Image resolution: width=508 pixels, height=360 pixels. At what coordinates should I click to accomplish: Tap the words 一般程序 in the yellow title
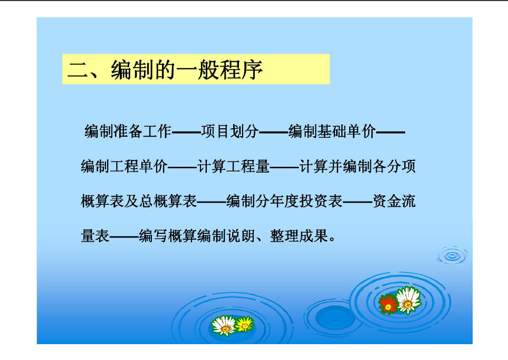[x=219, y=70]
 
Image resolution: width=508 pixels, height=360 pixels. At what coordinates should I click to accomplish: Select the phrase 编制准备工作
[x=128, y=131]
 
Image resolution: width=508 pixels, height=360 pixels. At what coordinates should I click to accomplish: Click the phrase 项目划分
[x=229, y=131]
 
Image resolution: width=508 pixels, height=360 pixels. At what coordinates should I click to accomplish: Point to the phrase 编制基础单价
[x=332, y=131]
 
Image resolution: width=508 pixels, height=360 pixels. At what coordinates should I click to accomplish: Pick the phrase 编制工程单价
[x=124, y=166]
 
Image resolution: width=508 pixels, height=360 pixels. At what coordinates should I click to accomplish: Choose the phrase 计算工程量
[x=233, y=166]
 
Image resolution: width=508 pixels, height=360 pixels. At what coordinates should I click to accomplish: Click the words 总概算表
[x=168, y=201]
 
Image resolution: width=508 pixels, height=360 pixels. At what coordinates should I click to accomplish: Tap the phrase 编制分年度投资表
[x=284, y=201]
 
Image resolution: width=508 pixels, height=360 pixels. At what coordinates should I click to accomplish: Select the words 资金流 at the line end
[x=394, y=201]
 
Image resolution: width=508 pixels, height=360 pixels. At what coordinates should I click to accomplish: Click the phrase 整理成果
[x=299, y=235]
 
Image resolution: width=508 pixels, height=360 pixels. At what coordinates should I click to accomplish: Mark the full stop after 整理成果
[x=332, y=239]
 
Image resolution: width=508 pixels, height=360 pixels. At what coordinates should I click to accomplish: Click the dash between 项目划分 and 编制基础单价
[x=273, y=132]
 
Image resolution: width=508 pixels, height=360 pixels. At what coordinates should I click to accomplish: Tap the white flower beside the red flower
[x=408, y=300]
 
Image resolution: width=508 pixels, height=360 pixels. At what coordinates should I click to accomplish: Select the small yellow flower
[x=245, y=324]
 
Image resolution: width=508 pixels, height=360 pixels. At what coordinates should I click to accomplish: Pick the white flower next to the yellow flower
[x=224, y=325]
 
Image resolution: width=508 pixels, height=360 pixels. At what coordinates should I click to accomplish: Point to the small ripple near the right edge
[x=452, y=255]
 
